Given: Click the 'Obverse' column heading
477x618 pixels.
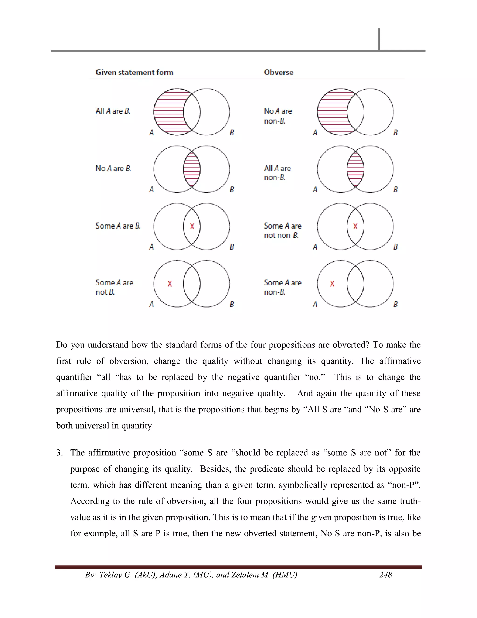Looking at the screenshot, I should click(x=279, y=73).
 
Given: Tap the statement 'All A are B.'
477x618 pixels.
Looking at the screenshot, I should click(x=113, y=111).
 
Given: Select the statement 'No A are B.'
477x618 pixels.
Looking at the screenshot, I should click(x=113, y=168).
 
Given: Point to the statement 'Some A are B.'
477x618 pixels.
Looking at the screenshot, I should click(x=118, y=226).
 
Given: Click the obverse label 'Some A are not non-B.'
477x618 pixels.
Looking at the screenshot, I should click(x=282, y=230).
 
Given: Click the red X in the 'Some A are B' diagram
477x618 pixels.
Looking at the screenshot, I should click(x=192, y=226).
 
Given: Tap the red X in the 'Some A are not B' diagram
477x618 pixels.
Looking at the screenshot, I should click(x=170, y=284).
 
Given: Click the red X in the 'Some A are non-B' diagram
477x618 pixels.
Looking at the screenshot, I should click(x=332, y=284).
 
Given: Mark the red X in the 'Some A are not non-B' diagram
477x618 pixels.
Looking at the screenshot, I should click(x=355, y=226).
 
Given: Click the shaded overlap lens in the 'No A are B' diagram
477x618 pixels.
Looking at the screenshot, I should click(x=192, y=169).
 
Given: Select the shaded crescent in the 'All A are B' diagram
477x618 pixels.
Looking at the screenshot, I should click(x=168, y=112).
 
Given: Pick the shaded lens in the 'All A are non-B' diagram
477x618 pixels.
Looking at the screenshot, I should click(x=355, y=169).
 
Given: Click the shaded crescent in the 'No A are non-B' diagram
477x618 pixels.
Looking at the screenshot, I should click(x=332, y=112).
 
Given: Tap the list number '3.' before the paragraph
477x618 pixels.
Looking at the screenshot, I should click(x=60, y=453).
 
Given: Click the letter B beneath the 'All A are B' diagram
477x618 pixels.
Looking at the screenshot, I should click(x=232, y=133).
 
